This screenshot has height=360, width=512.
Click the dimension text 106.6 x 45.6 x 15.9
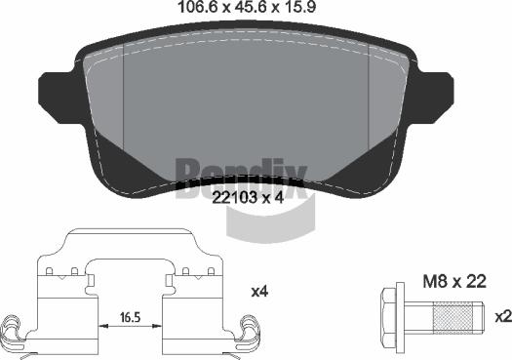(247, 7)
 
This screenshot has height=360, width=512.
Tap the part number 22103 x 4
(248, 198)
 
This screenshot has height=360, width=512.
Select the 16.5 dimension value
(130, 316)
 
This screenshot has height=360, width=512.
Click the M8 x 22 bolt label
(454, 282)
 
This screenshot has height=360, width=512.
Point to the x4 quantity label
(259, 292)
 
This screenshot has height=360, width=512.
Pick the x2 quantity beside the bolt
(503, 316)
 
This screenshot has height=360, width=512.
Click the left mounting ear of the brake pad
(60, 97)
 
